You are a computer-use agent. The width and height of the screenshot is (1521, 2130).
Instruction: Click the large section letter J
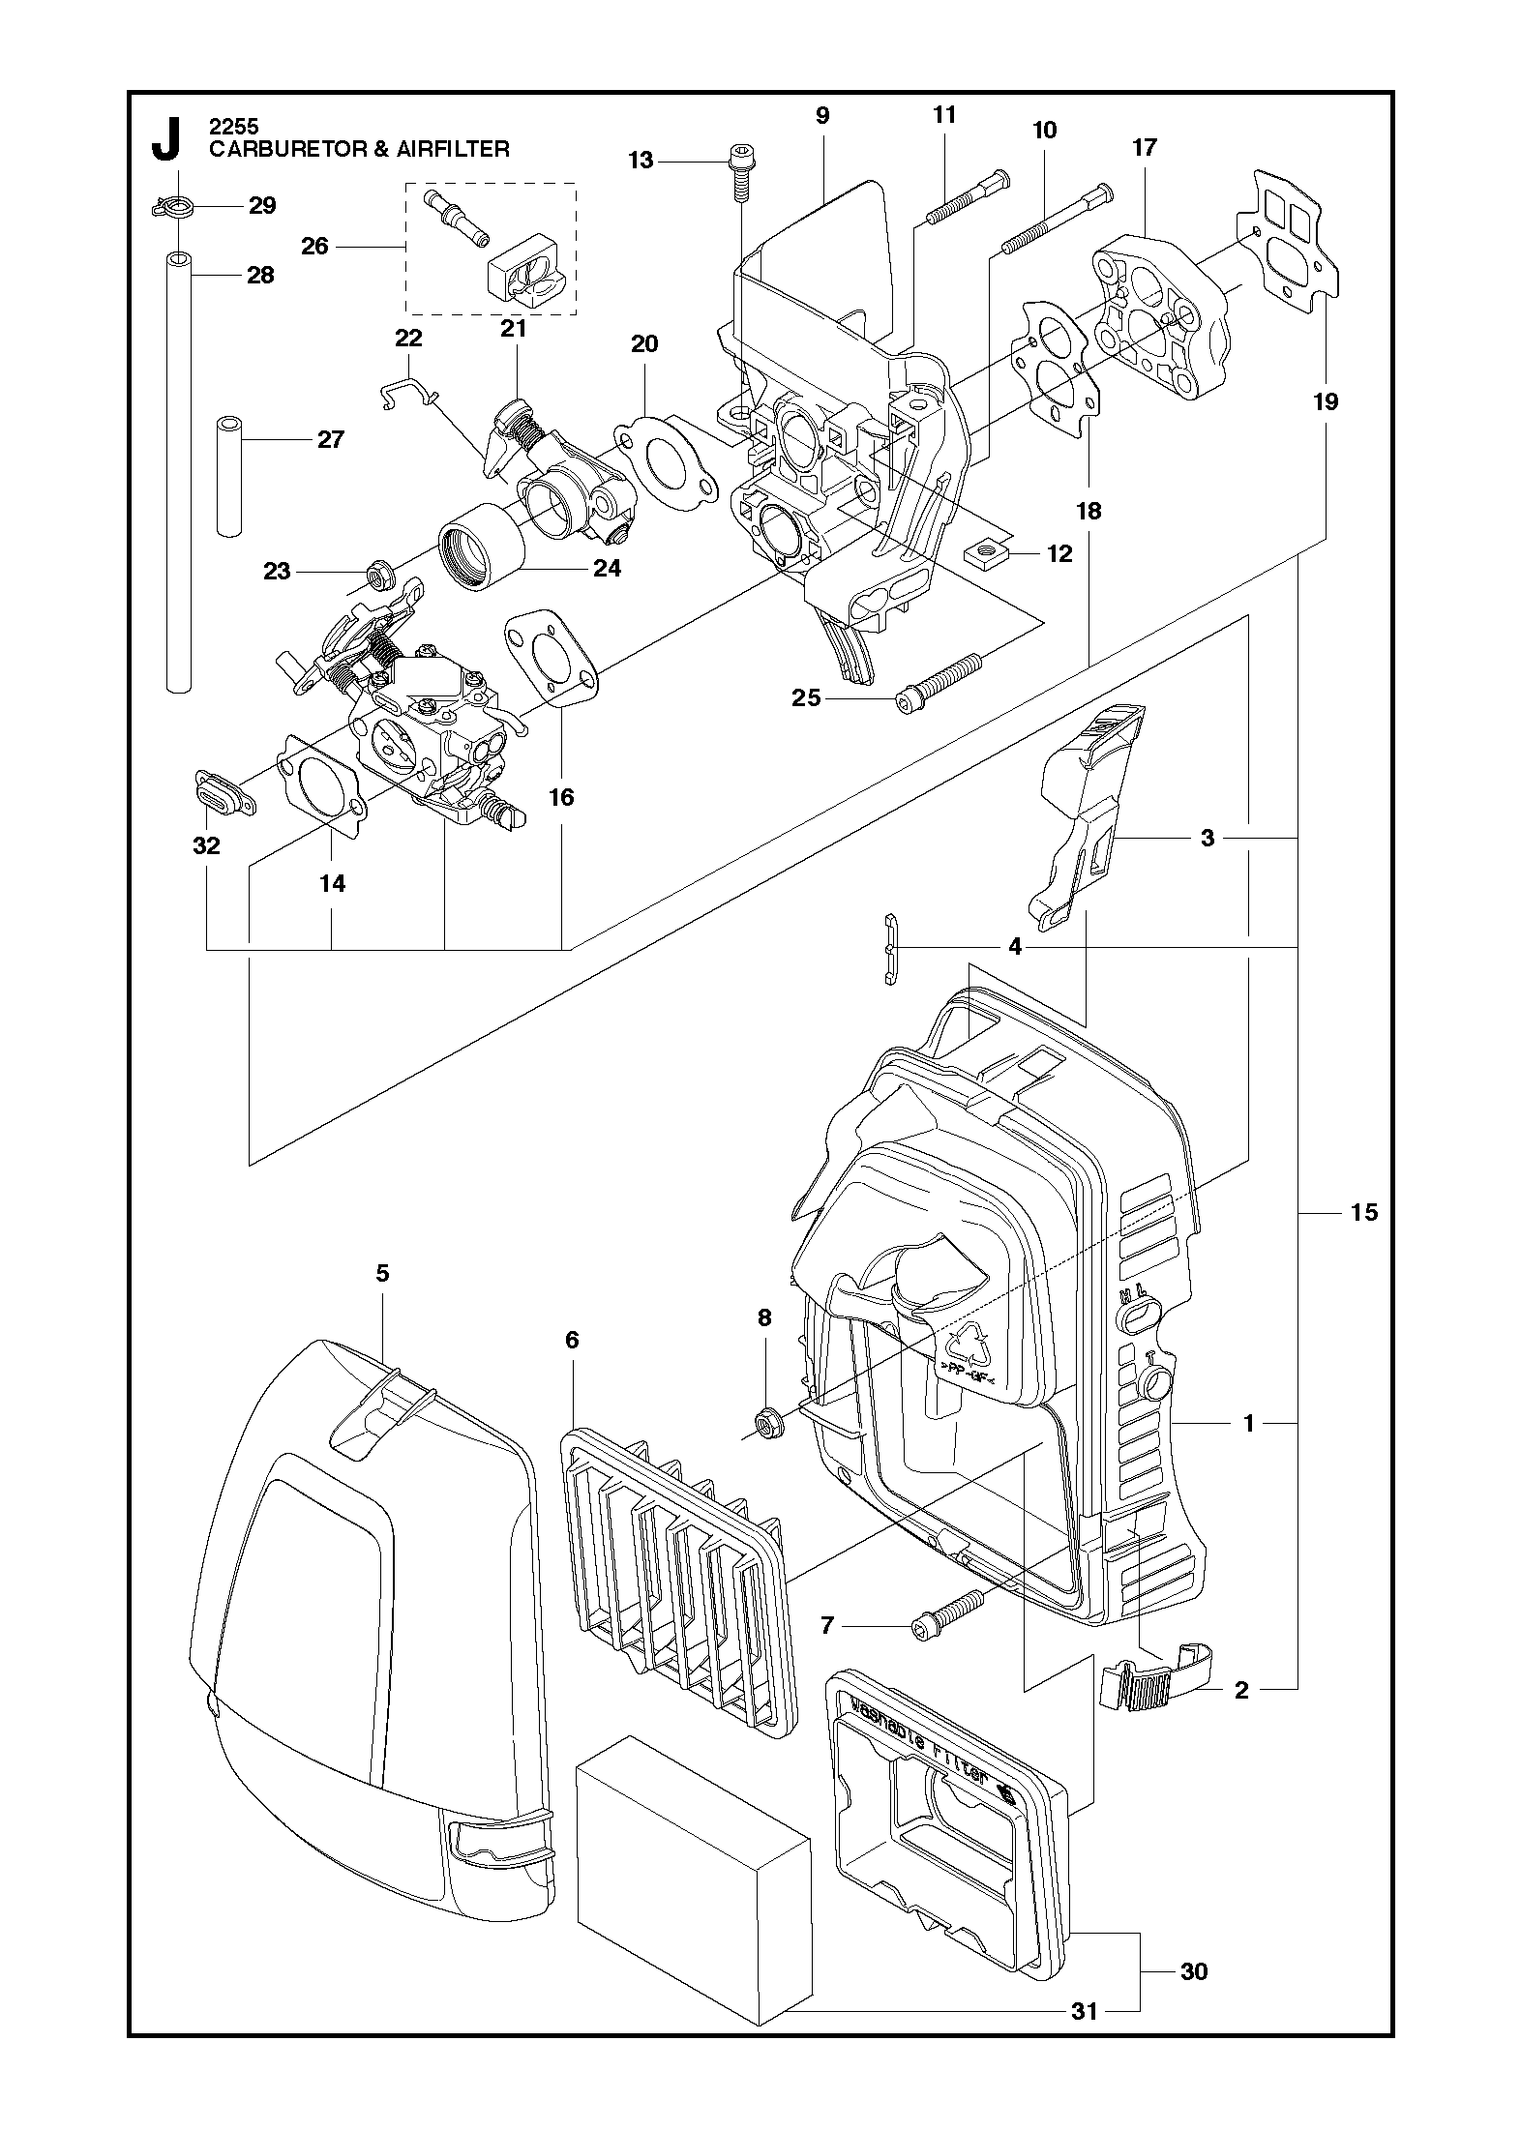166,139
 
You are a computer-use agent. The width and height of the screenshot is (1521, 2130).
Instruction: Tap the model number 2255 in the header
227,126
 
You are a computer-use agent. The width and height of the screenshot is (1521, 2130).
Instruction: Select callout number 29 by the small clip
262,205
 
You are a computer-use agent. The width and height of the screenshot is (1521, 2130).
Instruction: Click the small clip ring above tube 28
174,207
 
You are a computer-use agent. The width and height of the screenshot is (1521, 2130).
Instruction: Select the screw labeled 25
939,678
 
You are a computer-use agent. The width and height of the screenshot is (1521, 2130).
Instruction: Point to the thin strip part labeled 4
890,948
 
